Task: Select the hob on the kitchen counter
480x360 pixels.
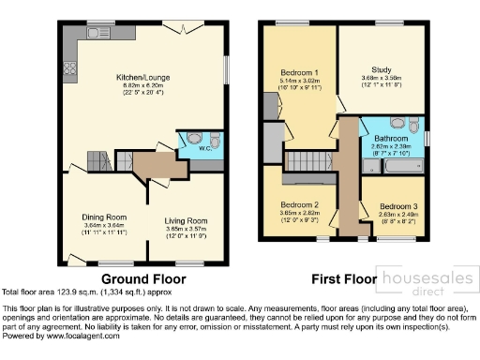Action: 68,67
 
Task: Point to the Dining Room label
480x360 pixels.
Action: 102,217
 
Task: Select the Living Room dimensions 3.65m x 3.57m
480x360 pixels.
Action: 186,229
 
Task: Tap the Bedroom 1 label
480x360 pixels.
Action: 300,72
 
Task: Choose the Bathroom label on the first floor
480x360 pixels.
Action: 392,139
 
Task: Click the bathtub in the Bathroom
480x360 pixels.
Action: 387,168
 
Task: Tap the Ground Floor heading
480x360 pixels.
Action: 142,278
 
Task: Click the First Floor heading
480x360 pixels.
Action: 343,278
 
